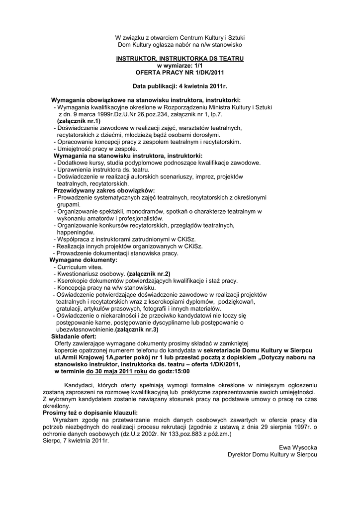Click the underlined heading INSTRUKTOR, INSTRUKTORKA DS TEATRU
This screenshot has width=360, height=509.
(x=180, y=59)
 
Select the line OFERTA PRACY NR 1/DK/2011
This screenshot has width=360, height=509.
(x=180, y=72)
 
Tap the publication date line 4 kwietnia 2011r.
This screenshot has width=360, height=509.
(x=180, y=86)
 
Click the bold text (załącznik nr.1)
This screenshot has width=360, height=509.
(x=79, y=121)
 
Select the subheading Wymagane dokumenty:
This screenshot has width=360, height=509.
(x=84, y=260)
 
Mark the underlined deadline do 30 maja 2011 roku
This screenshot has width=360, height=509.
(x=117, y=371)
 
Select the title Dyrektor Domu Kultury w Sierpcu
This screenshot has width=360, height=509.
(x=272, y=455)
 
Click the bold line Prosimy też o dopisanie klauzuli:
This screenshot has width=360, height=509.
(x=90, y=413)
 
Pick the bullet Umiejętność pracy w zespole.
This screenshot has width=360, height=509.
(x=94, y=149)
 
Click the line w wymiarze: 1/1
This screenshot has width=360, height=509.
(x=180, y=65)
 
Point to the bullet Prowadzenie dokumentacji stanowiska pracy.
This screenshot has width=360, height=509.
(x=115, y=253)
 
